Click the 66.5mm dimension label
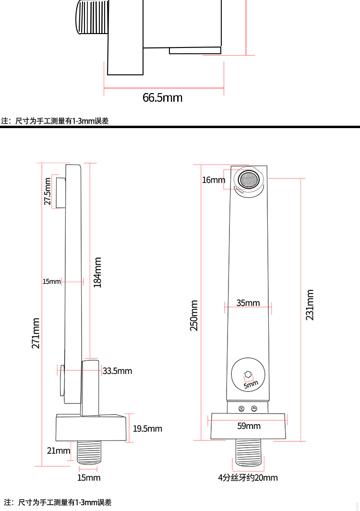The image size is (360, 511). (162, 97)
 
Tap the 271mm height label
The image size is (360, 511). (36, 333)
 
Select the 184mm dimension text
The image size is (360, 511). (97, 273)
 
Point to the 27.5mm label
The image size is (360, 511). (48, 191)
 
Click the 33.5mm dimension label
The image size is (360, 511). (118, 371)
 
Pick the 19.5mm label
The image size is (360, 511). (147, 428)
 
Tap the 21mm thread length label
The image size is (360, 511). (59, 451)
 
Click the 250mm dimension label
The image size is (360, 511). (194, 315)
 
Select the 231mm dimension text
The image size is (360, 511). (310, 305)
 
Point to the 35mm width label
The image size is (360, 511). (248, 303)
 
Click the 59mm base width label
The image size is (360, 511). (249, 426)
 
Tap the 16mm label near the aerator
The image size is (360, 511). (214, 180)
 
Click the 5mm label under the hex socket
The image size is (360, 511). (251, 384)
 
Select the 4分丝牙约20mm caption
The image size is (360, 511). (248, 478)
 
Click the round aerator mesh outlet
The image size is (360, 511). (249, 179)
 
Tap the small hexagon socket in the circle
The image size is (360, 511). (248, 375)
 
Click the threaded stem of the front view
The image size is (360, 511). (249, 452)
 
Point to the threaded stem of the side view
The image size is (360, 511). (89, 452)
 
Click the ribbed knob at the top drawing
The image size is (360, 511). (92, 17)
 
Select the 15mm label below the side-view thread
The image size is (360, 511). (89, 478)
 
